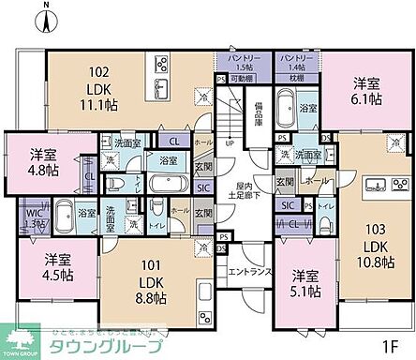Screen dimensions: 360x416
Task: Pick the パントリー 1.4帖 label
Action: coord(294,63)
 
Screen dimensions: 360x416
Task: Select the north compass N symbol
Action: coord(47,13)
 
